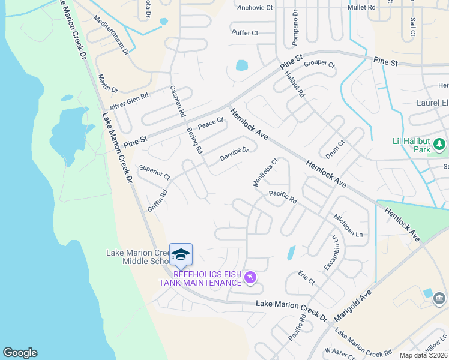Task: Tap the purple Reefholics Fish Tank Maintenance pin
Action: pyautogui.click(x=251, y=277)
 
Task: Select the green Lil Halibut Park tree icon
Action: pyautogui.click(x=439, y=144)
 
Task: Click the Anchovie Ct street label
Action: pyautogui.click(x=255, y=8)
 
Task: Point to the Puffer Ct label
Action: pyautogui.click(x=244, y=33)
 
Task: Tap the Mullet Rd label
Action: pyautogui.click(x=361, y=7)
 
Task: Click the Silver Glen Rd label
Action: pyautogui.click(x=129, y=101)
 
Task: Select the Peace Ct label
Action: pyautogui.click(x=210, y=123)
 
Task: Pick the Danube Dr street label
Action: pyautogui.click(x=234, y=154)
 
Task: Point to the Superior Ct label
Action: pyautogui.click(x=154, y=172)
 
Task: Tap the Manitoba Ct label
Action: pyautogui.click(x=266, y=172)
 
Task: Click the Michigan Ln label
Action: pyautogui.click(x=349, y=224)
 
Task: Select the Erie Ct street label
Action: pyautogui.click(x=306, y=277)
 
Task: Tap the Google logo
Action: pyautogui.click(x=20, y=353)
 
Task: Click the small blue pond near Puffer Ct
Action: pyautogui.click(x=242, y=65)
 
